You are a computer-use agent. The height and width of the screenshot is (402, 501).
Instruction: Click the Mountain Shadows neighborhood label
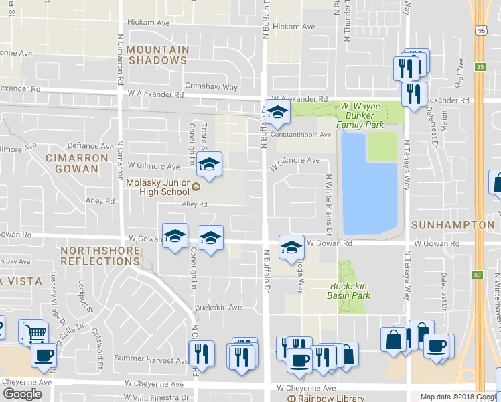click(x=157, y=55)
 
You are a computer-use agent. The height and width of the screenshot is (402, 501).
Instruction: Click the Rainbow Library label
click(x=320, y=398)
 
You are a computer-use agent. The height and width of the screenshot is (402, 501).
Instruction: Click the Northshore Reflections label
click(x=100, y=255)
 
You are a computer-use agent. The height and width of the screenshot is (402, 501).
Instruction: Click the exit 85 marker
click(x=479, y=66)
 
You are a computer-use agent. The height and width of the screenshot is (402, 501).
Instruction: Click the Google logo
click(x=21, y=393)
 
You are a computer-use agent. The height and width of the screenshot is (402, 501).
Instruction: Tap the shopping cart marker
click(x=35, y=332)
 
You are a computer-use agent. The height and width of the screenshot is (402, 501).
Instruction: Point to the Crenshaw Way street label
click(x=212, y=88)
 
